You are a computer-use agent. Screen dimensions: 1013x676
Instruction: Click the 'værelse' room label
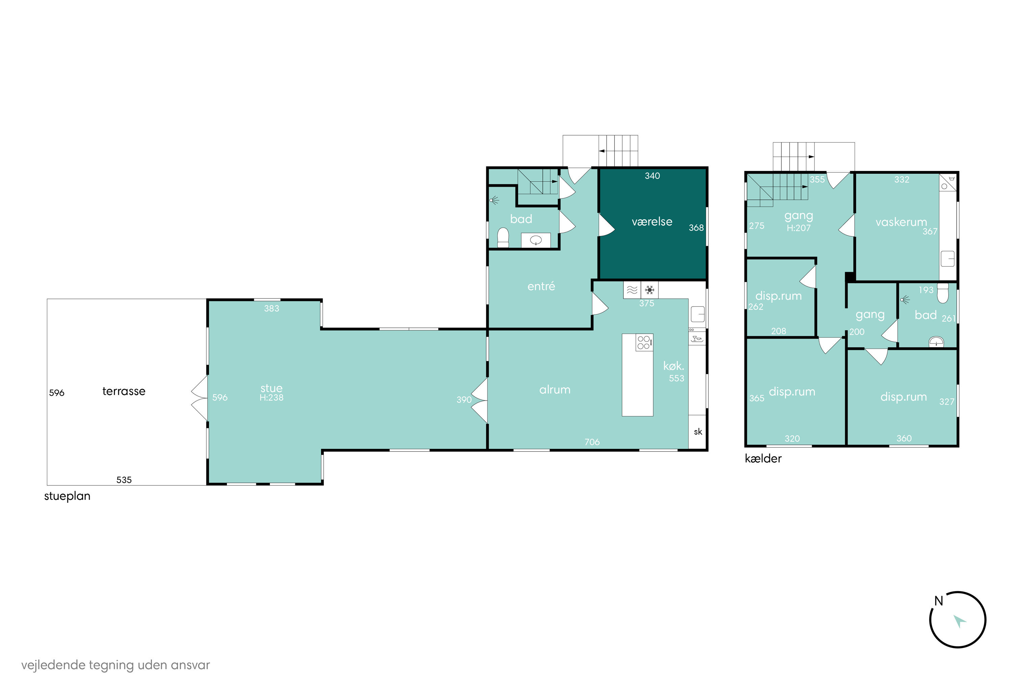(x=652, y=222)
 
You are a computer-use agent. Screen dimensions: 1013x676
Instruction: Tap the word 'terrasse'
(x=124, y=391)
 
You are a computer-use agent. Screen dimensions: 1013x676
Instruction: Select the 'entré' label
(x=541, y=286)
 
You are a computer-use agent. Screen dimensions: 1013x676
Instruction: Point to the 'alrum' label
(x=555, y=390)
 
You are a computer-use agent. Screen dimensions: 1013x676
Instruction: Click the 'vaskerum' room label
(x=901, y=222)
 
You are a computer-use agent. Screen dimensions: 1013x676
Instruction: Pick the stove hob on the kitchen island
(x=644, y=342)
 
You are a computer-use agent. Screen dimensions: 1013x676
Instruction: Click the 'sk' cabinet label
(x=698, y=432)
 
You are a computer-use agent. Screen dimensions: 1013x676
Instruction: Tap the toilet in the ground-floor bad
(x=503, y=238)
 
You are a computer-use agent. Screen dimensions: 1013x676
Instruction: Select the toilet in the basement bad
(x=943, y=293)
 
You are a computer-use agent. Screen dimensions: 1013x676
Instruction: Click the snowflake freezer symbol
(x=649, y=290)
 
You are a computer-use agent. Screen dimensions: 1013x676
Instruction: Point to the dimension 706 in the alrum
(x=592, y=442)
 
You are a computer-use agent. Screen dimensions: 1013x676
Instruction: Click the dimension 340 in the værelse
(x=652, y=175)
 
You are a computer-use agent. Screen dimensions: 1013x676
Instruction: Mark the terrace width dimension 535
(x=124, y=480)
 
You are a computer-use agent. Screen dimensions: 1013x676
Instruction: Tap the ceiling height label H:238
(x=271, y=397)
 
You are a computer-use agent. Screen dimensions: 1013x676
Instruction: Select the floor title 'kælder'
(x=763, y=458)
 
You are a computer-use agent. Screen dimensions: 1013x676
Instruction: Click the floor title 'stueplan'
(x=67, y=496)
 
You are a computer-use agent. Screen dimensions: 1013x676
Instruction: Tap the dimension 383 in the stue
(x=271, y=308)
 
